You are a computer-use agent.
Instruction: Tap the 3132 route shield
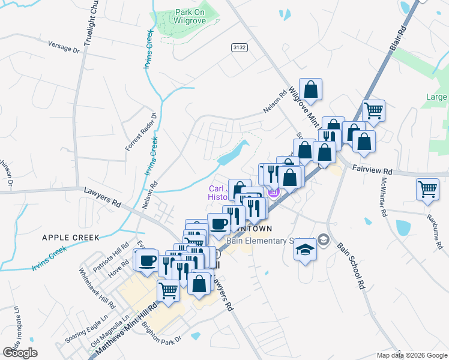coord(240,46)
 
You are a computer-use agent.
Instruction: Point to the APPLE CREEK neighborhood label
coord(70,238)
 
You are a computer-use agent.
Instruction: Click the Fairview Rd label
coord(372,170)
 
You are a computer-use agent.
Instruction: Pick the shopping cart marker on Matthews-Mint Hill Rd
coord(169,290)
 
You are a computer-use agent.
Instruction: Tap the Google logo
coord(20,353)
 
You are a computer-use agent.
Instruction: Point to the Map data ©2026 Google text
coord(412,355)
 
